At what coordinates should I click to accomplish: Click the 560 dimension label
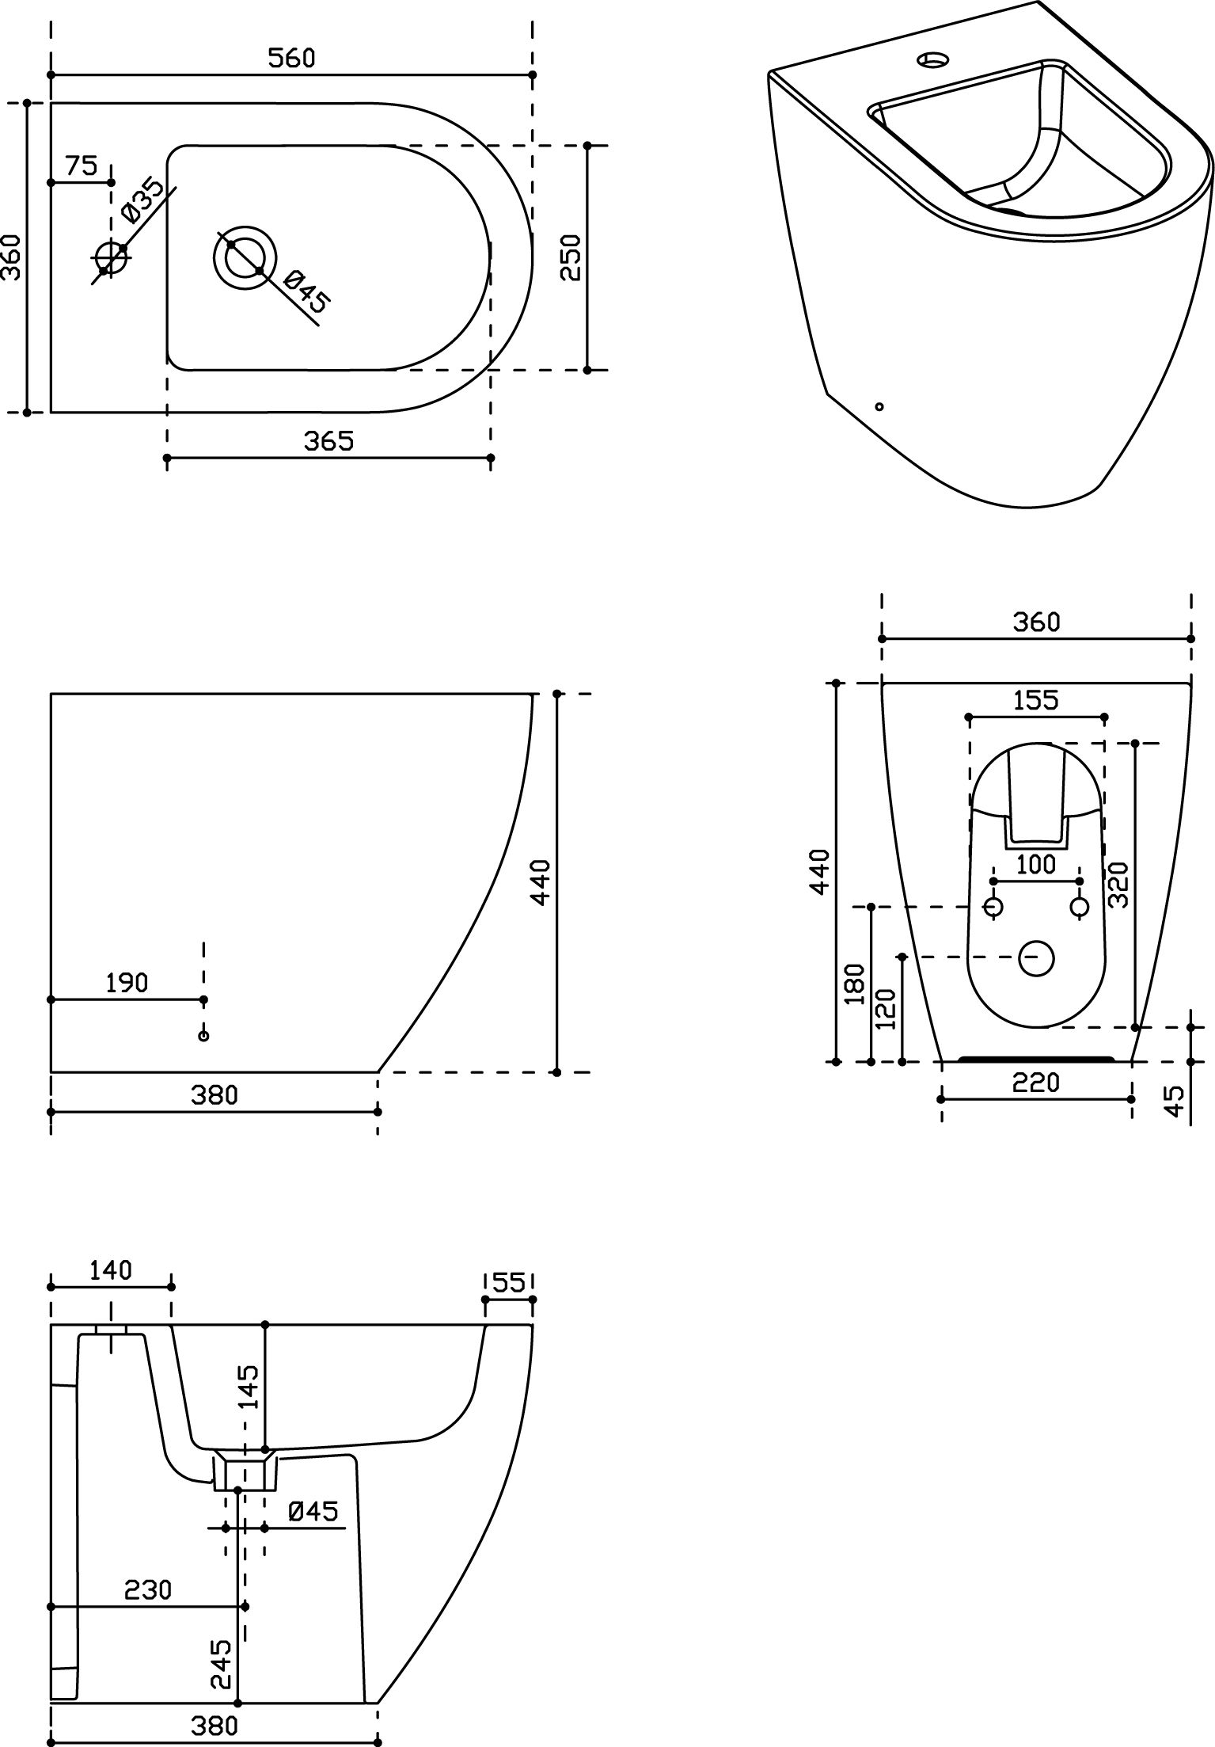coord(290,58)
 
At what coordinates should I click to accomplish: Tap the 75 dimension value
coord(81,166)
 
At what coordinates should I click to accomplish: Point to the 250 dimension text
coord(571,257)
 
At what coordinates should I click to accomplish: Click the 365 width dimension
coord(328,441)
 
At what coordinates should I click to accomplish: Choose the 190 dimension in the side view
coord(127,983)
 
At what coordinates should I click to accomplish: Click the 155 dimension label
coord(1036,700)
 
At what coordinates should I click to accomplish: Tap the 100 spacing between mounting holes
coord(1036,864)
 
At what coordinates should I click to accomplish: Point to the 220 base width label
coord(1036,1082)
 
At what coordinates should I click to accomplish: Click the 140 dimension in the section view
coord(110,1270)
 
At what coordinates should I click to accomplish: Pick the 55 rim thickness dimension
coord(509,1282)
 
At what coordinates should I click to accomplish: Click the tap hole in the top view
coord(111,258)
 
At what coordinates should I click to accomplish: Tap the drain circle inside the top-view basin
coord(245,257)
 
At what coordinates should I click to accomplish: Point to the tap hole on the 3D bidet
coord(933,59)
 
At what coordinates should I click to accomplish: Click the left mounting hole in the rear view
coord(993,907)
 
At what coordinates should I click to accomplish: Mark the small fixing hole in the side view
coord(203,1036)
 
